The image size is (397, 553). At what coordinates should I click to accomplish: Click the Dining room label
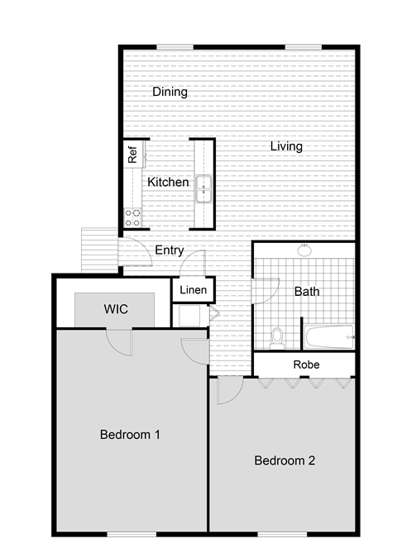point(170,93)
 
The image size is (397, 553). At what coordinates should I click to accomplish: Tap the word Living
point(286,146)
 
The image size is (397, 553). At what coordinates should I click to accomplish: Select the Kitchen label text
point(168,182)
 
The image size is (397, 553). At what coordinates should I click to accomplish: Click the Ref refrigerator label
point(132,153)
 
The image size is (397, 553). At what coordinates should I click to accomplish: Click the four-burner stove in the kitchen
point(132,217)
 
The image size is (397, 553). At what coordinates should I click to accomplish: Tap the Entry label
point(170,250)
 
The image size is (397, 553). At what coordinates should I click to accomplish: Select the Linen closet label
point(193,290)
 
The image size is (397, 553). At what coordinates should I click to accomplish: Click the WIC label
point(115,309)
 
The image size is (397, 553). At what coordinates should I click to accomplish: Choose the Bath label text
point(307,291)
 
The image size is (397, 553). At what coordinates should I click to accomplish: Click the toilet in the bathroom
point(277,337)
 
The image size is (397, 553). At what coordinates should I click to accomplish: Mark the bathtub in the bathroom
point(330,337)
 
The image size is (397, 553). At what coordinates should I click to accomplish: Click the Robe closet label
point(307,365)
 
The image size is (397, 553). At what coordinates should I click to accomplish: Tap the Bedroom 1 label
point(130,434)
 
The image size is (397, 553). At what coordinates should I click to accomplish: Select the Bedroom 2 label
point(285,460)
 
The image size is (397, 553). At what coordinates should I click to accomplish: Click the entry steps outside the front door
point(100,250)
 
